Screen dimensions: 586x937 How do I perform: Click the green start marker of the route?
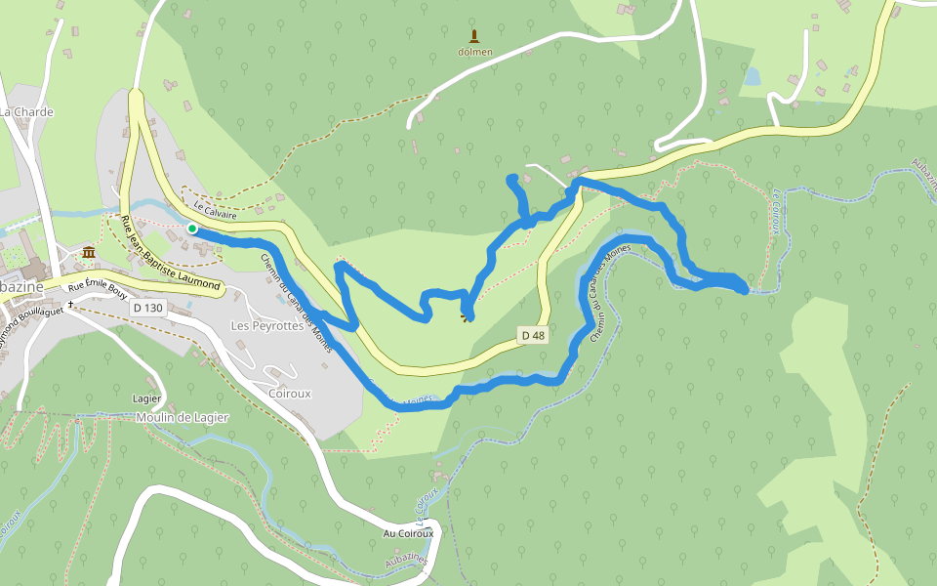192,229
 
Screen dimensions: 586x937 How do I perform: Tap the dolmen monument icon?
474,36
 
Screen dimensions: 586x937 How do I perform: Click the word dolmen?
475,52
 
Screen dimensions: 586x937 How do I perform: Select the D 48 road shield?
532,336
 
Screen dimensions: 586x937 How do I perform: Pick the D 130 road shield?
147,307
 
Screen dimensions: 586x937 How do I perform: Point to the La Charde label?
26,112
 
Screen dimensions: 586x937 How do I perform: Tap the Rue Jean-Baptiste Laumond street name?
170,253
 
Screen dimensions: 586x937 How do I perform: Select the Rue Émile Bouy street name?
98,289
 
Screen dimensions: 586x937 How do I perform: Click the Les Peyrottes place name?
266,325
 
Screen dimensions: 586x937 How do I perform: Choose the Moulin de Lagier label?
183,418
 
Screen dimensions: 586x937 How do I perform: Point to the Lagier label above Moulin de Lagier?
146,398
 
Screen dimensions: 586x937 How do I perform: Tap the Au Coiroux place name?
408,533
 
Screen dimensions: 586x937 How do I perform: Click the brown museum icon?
89,253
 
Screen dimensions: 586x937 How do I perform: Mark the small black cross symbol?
71,305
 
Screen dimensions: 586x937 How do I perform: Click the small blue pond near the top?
751,76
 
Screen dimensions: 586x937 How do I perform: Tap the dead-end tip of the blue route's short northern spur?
511,178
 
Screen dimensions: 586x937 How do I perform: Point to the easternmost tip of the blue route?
746,289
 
